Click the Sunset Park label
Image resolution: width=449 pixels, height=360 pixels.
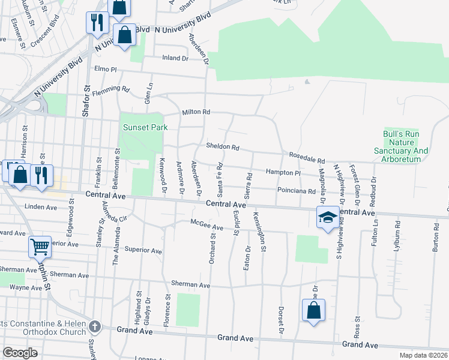pyautogui.click(x=145, y=127)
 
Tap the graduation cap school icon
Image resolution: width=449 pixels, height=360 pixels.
pyautogui.click(x=328, y=218)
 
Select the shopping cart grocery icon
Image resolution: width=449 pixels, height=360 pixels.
pyautogui.click(x=40, y=247)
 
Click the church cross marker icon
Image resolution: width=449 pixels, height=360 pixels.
pyautogui.click(x=94, y=327)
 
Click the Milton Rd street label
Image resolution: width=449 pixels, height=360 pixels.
pyautogui.click(x=196, y=112)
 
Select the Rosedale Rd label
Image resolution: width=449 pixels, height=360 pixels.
pyautogui.click(x=307, y=161)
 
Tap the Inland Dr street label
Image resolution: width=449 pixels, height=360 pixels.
pyautogui.click(x=175, y=59)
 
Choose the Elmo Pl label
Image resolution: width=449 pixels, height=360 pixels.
pyautogui.click(x=105, y=70)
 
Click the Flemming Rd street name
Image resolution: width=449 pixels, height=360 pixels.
pyautogui.click(x=116, y=89)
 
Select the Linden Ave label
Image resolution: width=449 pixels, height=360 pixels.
pyautogui.click(x=41, y=207)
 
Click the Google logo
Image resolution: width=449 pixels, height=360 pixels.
pyautogui.click(x=19, y=352)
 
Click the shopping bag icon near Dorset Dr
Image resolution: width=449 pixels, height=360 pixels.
pyautogui.click(x=313, y=311)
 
